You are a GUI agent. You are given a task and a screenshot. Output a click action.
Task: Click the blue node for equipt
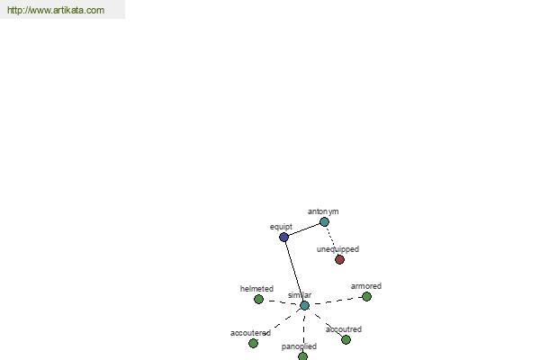[x=283, y=237]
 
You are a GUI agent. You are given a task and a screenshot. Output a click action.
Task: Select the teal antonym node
[x=324, y=222]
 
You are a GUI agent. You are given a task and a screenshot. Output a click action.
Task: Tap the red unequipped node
[x=339, y=259]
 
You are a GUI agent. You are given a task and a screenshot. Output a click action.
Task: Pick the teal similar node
[x=304, y=306]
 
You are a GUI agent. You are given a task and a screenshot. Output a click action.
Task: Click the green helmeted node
[x=258, y=299]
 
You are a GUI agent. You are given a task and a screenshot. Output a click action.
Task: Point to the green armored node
[x=367, y=296]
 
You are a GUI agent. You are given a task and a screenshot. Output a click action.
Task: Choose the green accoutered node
[x=253, y=343]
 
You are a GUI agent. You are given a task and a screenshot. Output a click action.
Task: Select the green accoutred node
[x=346, y=339]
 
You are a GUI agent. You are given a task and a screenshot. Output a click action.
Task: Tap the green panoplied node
[x=302, y=356]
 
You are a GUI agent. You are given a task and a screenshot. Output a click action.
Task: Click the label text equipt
[x=281, y=227]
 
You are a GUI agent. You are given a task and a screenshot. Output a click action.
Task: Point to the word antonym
[x=323, y=211]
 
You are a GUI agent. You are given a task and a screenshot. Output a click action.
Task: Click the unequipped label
[x=337, y=249]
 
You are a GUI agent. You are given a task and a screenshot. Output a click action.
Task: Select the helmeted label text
[x=256, y=289]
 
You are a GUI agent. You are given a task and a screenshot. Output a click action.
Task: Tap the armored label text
[x=366, y=286]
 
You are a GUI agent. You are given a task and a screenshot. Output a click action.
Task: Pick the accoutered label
[x=251, y=333]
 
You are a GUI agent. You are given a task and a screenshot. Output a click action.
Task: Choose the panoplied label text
[x=299, y=346]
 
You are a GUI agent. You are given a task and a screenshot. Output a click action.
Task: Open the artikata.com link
[x=56, y=10]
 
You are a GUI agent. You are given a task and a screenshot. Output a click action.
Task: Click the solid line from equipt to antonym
[x=304, y=229]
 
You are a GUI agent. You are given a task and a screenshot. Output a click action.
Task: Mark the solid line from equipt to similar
[x=294, y=272]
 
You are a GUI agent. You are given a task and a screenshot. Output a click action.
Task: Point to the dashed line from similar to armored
[x=336, y=301]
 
